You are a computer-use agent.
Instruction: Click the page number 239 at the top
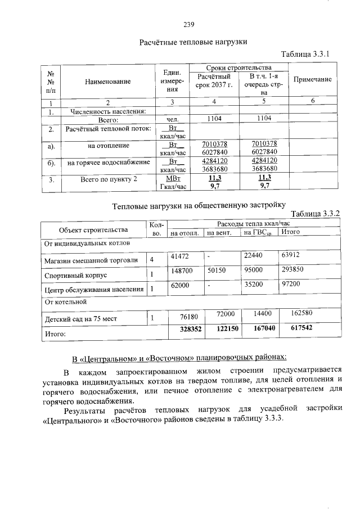click(188, 24)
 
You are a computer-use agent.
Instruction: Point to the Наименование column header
click(108, 82)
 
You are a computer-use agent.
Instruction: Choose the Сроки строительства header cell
click(238, 67)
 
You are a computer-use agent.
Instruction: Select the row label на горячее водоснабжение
click(108, 163)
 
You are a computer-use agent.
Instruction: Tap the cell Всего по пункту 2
click(108, 180)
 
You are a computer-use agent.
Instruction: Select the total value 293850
click(292, 271)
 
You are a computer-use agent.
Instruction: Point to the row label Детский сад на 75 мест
click(80, 319)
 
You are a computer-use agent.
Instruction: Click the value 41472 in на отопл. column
click(180, 256)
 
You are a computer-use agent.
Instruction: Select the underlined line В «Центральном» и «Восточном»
click(179, 358)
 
